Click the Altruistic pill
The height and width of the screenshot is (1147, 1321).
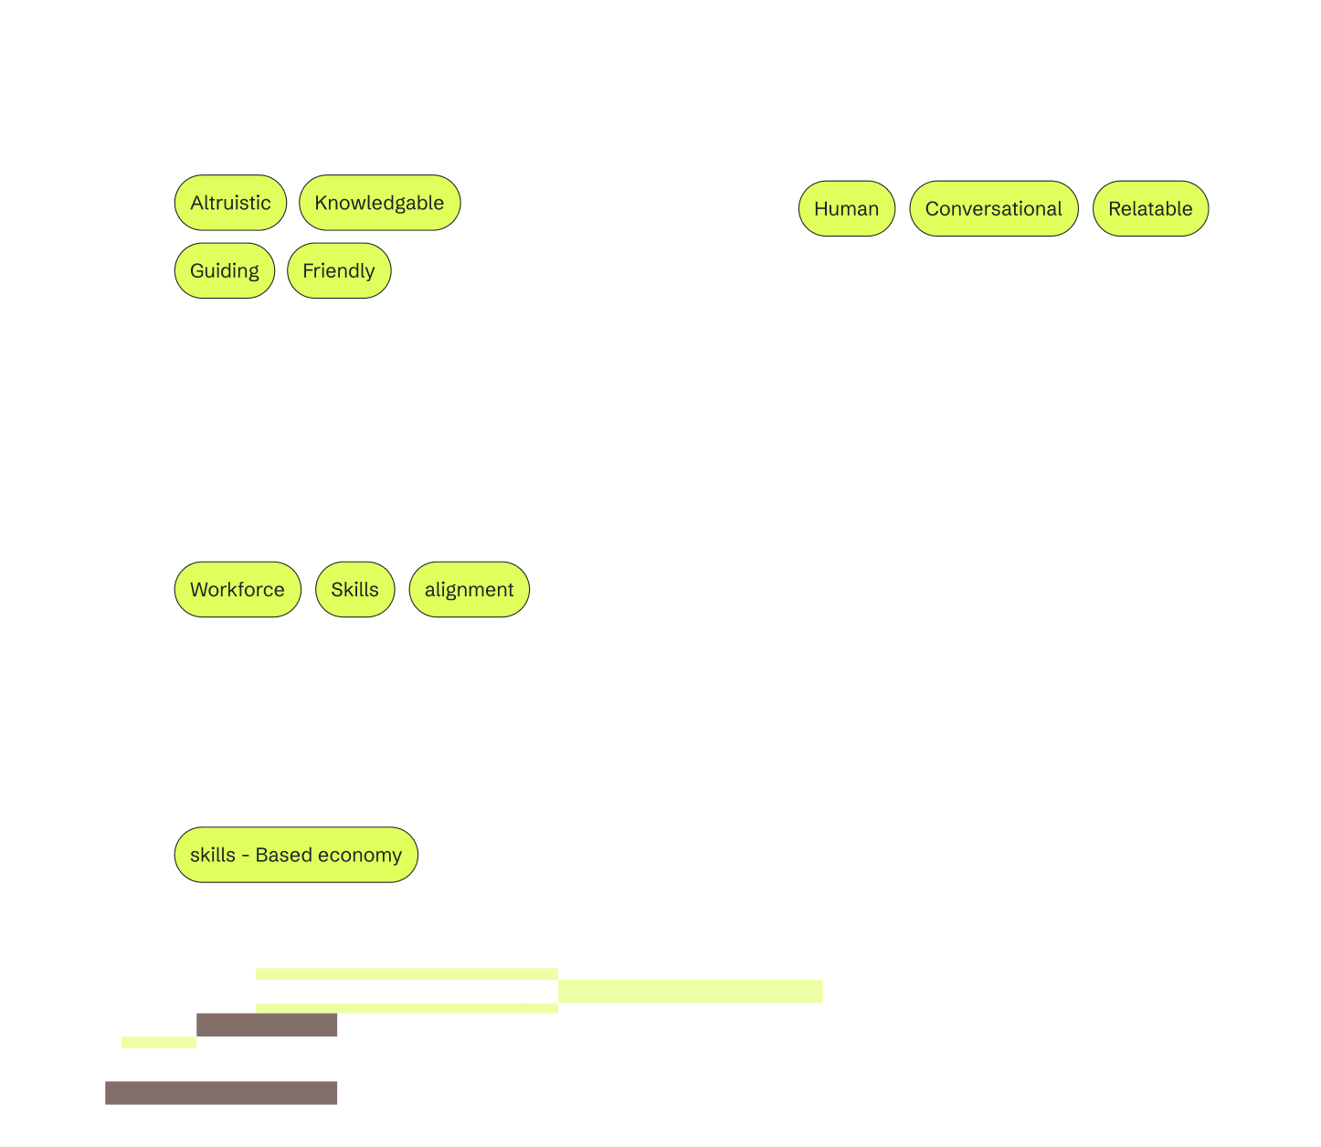pos(230,202)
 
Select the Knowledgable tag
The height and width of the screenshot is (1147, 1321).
pos(379,202)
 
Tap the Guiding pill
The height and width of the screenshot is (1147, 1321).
pos(224,270)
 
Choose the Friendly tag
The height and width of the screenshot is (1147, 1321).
pos(339,270)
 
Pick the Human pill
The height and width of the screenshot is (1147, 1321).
pos(847,208)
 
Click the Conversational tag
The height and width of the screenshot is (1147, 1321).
pos(994,208)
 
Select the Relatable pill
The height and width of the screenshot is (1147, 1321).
pos(1150,208)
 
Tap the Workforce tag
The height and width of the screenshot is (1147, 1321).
pos(238,589)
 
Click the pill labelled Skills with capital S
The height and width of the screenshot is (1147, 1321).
pos(355,589)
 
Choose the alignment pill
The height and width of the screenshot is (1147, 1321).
pos(470,589)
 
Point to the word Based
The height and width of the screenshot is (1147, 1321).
pos(284,855)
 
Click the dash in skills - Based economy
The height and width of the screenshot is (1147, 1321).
pos(246,856)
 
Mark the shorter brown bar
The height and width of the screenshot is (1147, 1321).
pos(267,1025)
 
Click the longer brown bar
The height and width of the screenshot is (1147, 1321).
pos(221,1093)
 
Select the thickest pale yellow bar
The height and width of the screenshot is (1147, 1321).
pos(691,991)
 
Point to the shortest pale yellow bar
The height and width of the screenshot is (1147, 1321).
pos(159,1042)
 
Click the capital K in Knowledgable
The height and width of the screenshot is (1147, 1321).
pos(322,203)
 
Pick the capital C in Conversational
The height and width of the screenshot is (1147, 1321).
pos(934,208)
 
